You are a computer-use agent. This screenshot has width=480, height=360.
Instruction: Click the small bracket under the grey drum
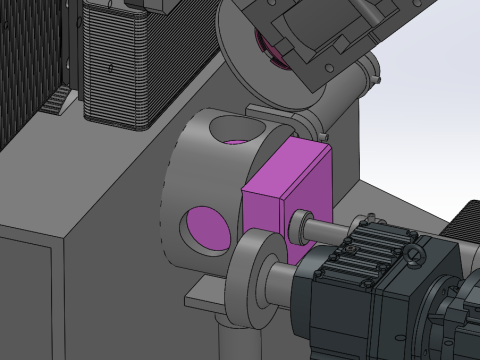click(205, 294)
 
